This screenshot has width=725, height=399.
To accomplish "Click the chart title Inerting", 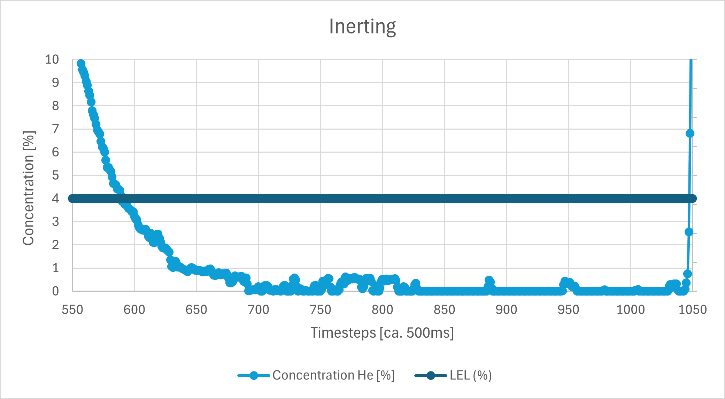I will pos(362,26).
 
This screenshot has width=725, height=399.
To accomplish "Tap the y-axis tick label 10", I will pos(52,60).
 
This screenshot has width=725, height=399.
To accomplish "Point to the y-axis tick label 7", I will pos(55,129).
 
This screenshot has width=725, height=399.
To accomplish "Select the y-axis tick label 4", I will pos(55,198).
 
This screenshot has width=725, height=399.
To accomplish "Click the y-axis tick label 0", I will pos(55,291).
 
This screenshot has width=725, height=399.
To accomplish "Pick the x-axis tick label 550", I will pos(72,310).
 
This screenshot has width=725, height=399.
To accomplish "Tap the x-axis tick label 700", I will pos(258,310).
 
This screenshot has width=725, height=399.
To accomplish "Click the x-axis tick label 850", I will pos(444,310).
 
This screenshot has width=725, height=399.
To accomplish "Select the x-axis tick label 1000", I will pos(630,310).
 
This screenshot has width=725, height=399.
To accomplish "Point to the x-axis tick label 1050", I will pos(692,310).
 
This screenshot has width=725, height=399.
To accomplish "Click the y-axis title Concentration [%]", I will pos(29,188).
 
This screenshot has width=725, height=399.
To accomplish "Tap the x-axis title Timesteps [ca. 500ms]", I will pos(382,333).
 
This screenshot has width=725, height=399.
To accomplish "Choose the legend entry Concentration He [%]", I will pos(333,375).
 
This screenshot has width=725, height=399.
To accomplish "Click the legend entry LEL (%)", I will pos(470,375).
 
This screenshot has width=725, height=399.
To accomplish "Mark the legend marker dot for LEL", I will pos(431,375).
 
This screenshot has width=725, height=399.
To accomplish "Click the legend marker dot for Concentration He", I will pos(254,375).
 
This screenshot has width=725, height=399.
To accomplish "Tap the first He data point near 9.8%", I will pos(81,64).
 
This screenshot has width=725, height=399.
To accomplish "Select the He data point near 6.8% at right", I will pos(690,133).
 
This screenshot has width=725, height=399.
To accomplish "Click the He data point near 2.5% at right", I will pos(689,232).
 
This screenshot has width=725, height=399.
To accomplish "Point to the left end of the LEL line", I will pos(71,198).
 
